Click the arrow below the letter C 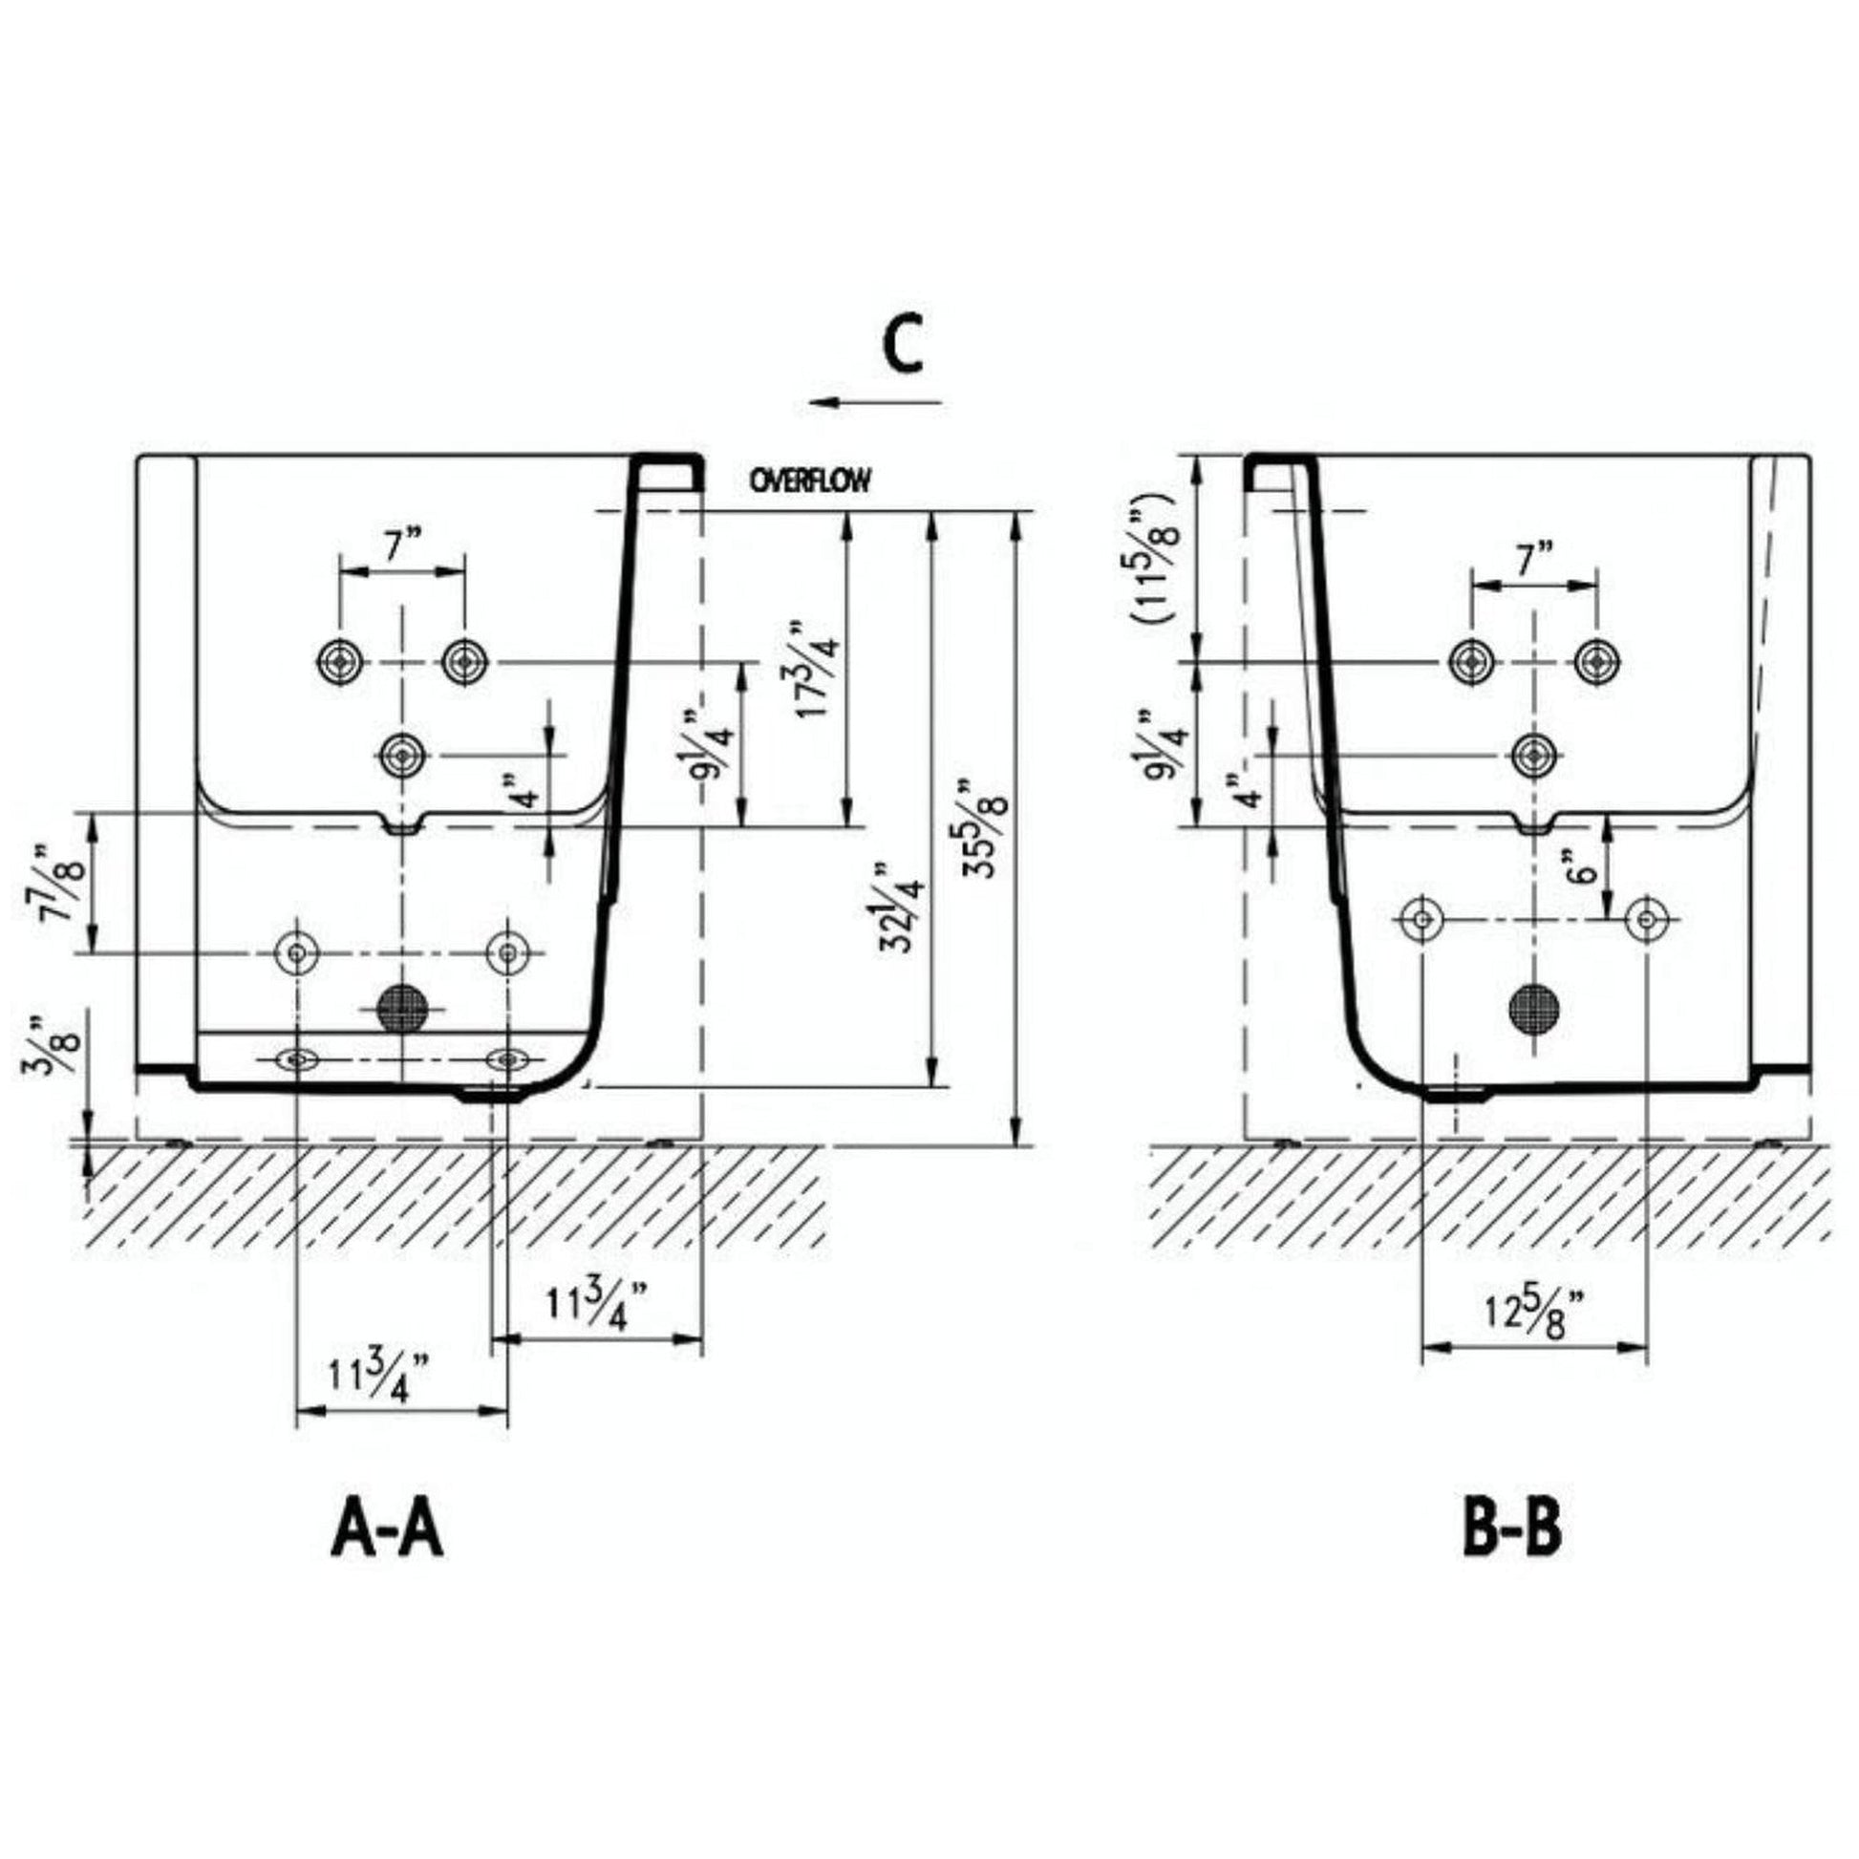pyautogui.click(x=876, y=402)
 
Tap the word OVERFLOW pyautogui.click(x=810, y=481)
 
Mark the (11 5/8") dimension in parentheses pyautogui.click(x=1154, y=558)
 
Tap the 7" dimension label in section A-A pyautogui.click(x=404, y=546)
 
